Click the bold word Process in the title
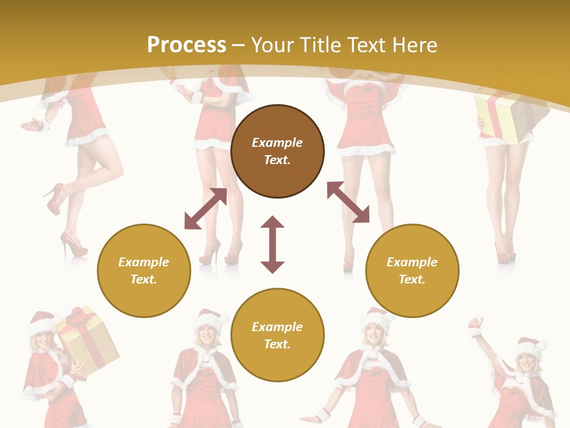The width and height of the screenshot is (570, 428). point(186,45)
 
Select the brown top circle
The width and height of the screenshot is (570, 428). point(277,151)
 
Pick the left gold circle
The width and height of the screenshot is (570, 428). point(144,270)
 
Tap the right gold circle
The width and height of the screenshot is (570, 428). point(412,270)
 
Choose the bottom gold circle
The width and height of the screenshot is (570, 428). point(277,335)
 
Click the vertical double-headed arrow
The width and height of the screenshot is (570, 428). point(273,244)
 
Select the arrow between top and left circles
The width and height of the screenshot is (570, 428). point(205,209)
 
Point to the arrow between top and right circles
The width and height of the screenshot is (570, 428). point(348,202)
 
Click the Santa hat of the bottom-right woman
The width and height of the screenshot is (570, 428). point(530,348)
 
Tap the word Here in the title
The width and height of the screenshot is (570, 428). point(414,45)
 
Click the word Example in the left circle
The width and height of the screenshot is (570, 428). point(144,262)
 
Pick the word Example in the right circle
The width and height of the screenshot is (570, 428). point(412,262)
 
